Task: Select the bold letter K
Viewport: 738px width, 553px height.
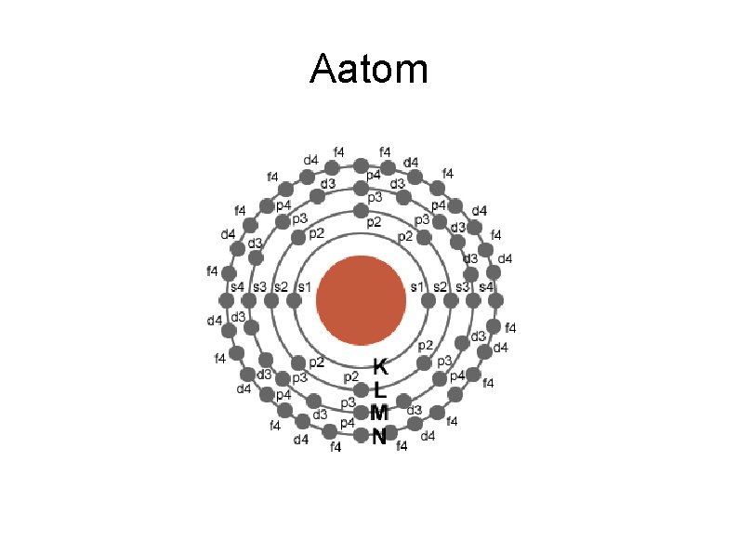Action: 379,366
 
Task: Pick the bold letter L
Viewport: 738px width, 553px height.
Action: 379,389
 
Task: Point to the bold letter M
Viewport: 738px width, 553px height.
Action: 378,414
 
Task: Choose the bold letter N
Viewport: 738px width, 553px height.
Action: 379,437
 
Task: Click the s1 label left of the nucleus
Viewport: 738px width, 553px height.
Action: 304,285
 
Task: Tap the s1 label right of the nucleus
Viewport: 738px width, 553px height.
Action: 417,285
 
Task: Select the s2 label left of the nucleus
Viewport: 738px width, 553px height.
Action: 281,285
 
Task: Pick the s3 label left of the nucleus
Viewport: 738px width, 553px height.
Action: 259,285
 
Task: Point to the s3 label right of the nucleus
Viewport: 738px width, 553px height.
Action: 462,285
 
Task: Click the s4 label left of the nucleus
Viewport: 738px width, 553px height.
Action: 237,285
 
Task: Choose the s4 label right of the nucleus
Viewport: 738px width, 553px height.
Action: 484,285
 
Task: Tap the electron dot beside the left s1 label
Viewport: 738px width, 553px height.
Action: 294,300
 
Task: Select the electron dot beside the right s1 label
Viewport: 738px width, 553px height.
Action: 428,300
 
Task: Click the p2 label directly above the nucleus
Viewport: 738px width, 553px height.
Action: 373,222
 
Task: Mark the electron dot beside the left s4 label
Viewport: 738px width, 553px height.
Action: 227,300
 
